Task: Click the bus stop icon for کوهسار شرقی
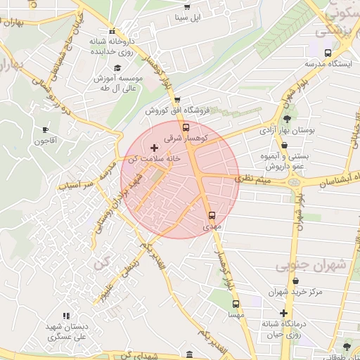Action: click(x=186, y=128)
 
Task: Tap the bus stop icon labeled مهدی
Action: click(x=212, y=216)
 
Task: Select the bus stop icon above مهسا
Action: click(x=236, y=305)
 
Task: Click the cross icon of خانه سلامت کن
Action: click(x=154, y=148)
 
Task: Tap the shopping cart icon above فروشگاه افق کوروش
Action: click(x=177, y=100)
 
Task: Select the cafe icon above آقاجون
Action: click(x=46, y=129)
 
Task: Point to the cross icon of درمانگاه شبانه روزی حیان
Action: click(x=283, y=313)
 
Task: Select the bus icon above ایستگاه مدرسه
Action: click(x=328, y=53)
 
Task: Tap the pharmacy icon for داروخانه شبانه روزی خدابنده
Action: click(x=112, y=32)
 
